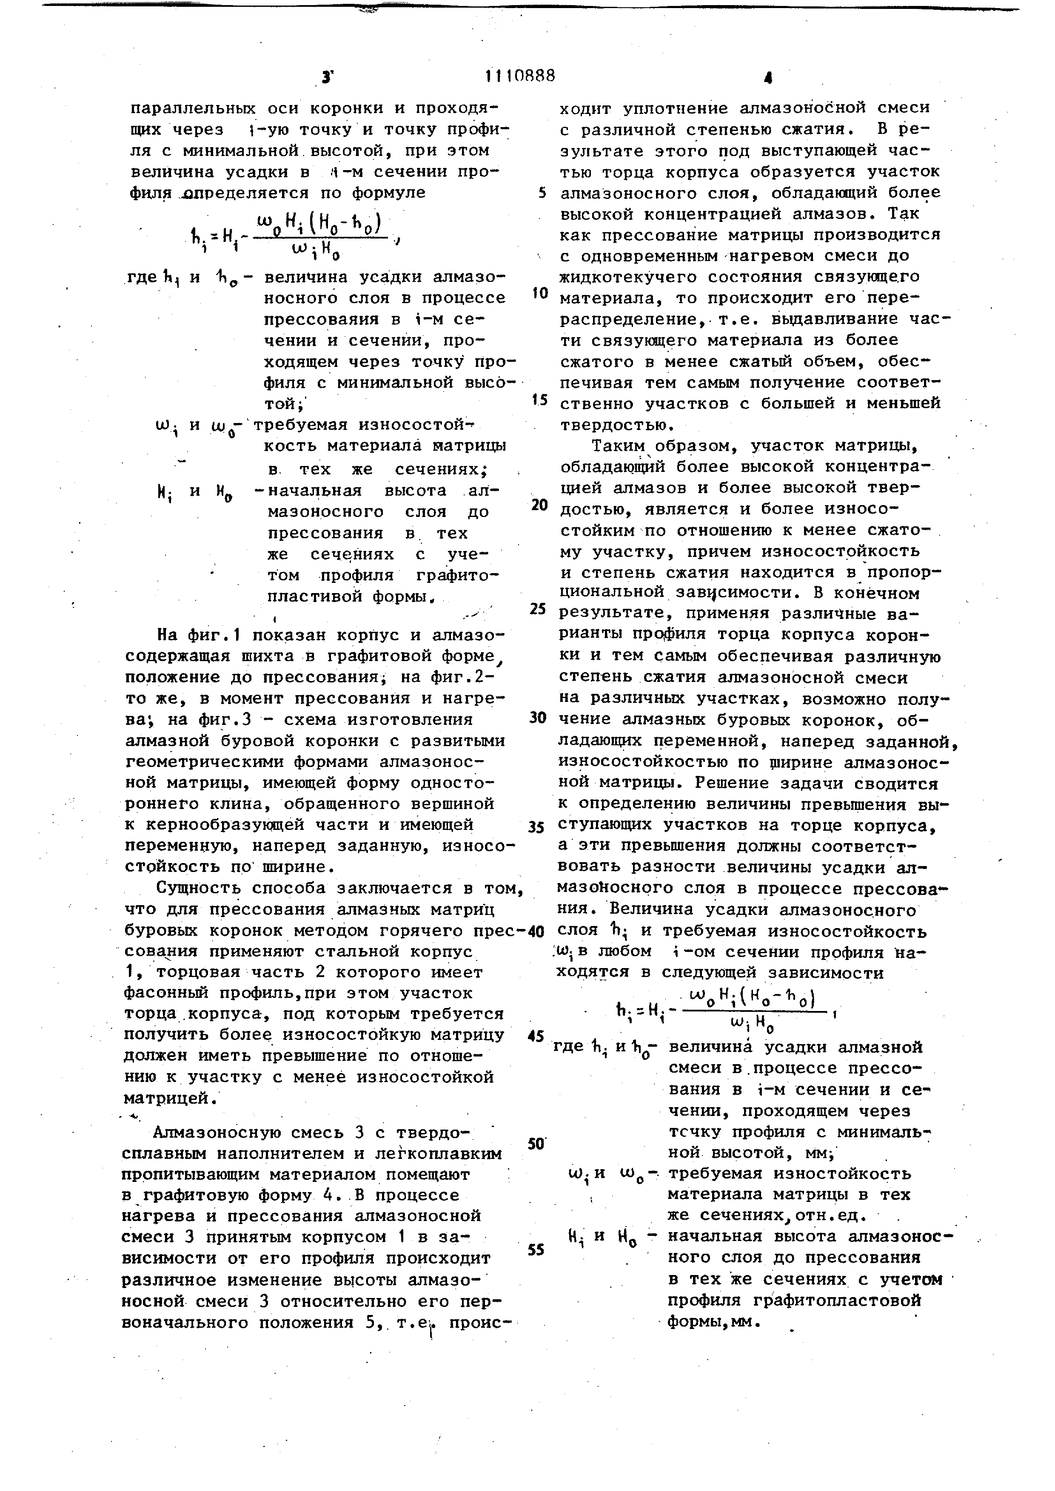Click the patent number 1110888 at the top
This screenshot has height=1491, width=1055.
520,77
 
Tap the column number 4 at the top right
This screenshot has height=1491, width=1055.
768,79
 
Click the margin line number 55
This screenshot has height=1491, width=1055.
536,1250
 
